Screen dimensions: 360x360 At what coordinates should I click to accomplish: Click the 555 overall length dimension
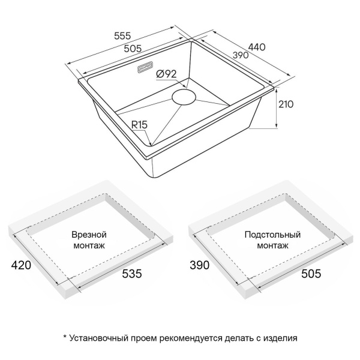[x=122, y=36]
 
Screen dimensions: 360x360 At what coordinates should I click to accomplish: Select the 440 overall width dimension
[x=257, y=47]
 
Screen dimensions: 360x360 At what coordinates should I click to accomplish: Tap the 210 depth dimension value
[x=286, y=104]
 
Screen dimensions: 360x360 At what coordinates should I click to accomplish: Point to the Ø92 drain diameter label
[x=166, y=74]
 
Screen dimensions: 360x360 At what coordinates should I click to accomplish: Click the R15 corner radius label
[x=139, y=125]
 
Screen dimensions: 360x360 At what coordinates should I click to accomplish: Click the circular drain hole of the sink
[x=184, y=97]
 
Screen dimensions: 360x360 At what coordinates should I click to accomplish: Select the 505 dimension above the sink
[x=133, y=49]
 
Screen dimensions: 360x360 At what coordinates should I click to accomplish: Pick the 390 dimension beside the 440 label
[x=241, y=55]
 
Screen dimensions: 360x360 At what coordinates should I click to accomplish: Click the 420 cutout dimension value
[x=21, y=265]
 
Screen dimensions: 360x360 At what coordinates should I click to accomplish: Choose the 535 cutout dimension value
[x=132, y=274]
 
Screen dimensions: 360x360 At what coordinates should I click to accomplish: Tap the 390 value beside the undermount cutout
[x=200, y=265]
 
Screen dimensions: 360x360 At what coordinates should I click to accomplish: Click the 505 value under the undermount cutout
[x=311, y=274]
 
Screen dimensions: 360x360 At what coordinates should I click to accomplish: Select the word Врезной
[x=89, y=235]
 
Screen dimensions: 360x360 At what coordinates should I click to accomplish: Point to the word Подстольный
[x=272, y=235]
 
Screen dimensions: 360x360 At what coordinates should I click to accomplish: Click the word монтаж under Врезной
[x=89, y=246]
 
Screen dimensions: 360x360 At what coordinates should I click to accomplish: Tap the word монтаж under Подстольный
[x=272, y=246]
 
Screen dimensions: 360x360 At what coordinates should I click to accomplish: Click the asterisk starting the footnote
[x=65, y=337]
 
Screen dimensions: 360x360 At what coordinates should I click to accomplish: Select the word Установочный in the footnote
[x=98, y=338]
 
